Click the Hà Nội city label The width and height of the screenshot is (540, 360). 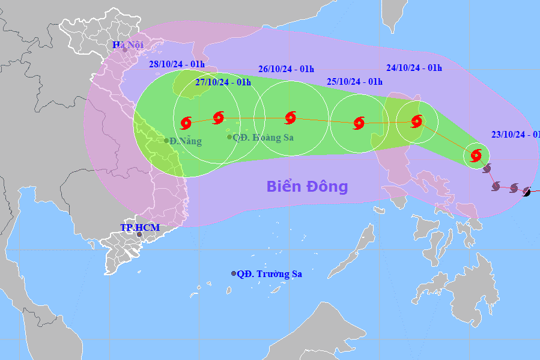[127, 44]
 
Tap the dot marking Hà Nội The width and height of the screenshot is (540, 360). [125, 50]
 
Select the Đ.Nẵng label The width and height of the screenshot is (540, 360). [186, 141]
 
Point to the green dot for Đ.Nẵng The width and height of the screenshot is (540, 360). [166, 141]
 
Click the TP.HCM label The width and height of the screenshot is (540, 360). [139, 227]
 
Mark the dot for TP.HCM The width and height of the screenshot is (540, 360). [139, 234]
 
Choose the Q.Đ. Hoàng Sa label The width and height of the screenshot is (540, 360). [263, 137]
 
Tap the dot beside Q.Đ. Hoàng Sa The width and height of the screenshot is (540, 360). [229, 137]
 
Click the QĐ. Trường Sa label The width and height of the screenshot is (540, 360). [269, 274]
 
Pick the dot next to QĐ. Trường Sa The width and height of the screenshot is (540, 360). [234, 273]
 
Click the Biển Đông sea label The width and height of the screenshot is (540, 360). [307, 186]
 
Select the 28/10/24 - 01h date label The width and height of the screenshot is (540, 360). [177, 64]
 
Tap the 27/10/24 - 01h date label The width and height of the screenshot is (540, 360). [223, 82]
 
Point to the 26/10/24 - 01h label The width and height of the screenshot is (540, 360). [286, 69]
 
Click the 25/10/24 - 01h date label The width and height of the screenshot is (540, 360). [355, 81]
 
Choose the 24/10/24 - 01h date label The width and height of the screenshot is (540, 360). [414, 67]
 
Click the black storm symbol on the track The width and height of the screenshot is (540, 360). [527, 192]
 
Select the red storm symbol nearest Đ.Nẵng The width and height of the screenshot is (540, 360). [186, 123]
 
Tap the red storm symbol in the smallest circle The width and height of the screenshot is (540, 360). [476, 156]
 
